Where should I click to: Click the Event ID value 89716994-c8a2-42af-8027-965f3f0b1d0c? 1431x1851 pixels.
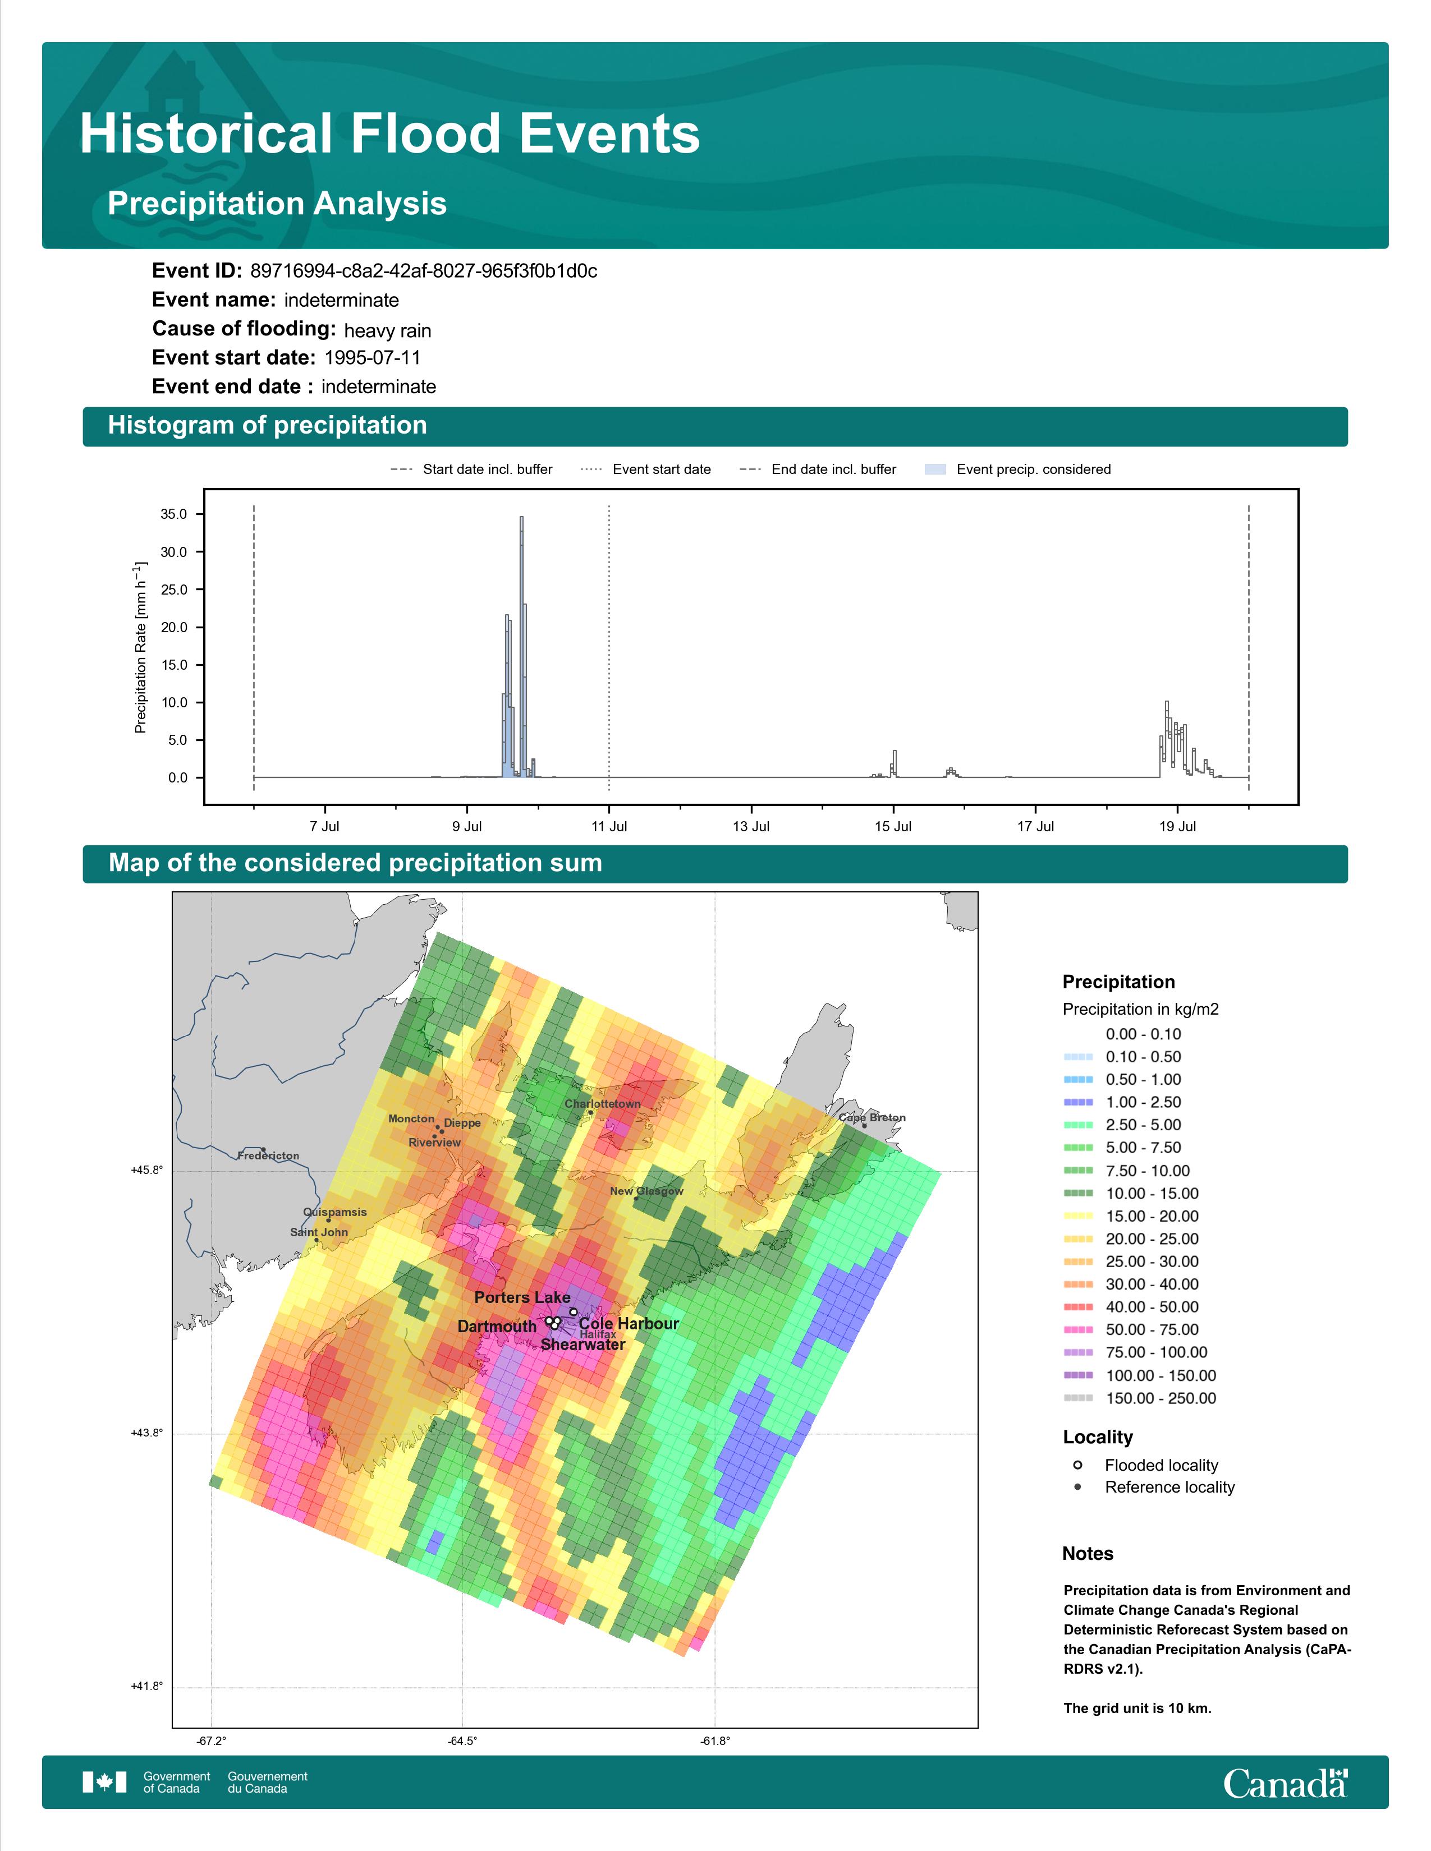click(x=424, y=271)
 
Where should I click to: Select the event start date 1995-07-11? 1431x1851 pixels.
click(x=372, y=358)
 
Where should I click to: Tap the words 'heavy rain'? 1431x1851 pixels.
click(x=387, y=330)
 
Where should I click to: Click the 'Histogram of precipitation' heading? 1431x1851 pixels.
click(x=267, y=426)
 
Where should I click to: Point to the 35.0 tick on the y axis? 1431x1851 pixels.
click(x=175, y=514)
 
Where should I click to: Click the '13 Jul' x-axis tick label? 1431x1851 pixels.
click(x=751, y=826)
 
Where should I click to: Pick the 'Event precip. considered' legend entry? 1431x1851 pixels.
click(x=1017, y=469)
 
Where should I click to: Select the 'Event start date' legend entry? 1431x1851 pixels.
click(x=646, y=469)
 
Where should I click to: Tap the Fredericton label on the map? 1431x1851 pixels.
click(x=268, y=1155)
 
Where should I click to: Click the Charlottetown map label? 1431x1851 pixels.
click(x=603, y=1103)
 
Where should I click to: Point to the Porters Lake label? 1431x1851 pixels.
click(x=522, y=1297)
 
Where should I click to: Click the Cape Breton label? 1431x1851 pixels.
click(x=872, y=1117)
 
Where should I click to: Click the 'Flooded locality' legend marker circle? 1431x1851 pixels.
click(x=1077, y=1465)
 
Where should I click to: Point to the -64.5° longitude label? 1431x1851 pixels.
click(x=463, y=1741)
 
